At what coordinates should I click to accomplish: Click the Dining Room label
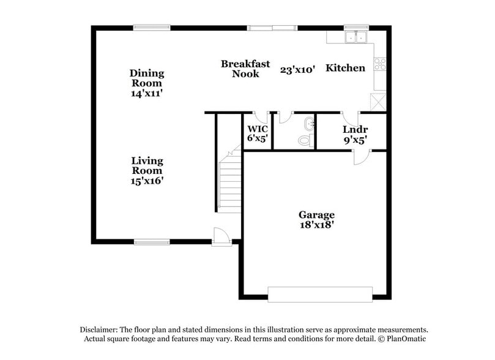147,78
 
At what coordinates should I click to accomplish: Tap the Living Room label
147,166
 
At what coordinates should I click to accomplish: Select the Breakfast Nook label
245,69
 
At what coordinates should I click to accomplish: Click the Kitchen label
345,68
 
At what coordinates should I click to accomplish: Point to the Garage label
316,215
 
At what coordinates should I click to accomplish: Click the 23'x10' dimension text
297,70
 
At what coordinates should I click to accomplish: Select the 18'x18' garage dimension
316,225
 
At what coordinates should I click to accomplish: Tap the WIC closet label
258,129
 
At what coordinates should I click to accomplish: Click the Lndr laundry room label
354,130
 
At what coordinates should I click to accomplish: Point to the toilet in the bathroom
305,140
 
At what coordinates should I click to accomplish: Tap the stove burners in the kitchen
379,63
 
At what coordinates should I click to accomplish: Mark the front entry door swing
221,236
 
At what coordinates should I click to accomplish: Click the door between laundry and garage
361,157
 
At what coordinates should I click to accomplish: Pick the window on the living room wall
152,242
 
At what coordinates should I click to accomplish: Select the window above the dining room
152,26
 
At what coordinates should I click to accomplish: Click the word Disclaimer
100,329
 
